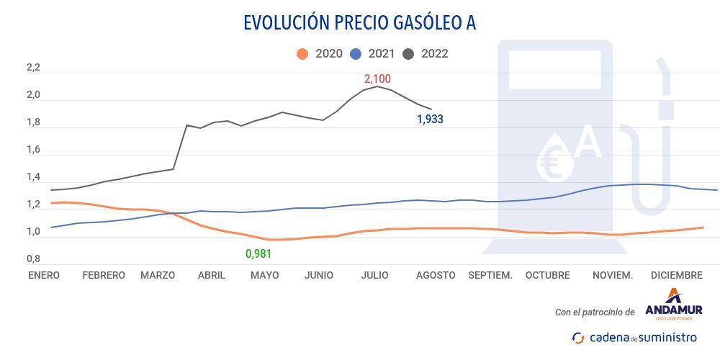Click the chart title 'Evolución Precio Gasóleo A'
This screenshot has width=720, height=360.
[359, 23]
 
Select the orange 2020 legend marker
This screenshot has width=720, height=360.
[302, 54]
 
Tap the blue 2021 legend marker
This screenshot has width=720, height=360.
[356, 54]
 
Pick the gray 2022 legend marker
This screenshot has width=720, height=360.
[409, 54]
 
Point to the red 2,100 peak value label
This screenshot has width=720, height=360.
[377, 78]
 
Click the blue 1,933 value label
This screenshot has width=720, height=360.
[431, 120]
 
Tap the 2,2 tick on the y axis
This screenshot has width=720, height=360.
[33, 68]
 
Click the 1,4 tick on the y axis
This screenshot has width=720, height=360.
[33, 177]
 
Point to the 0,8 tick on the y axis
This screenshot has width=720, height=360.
[33, 259]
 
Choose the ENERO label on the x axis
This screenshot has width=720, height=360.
[44, 275]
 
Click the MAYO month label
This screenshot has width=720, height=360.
[264, 275]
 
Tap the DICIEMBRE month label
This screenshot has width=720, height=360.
[676, 275]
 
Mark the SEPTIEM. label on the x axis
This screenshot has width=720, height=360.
[490, 275]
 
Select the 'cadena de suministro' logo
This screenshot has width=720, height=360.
[634, 337]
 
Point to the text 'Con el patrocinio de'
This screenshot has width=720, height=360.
[595, 312]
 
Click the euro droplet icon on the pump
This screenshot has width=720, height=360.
[554, 158]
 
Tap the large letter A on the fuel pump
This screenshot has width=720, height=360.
[588, 142]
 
